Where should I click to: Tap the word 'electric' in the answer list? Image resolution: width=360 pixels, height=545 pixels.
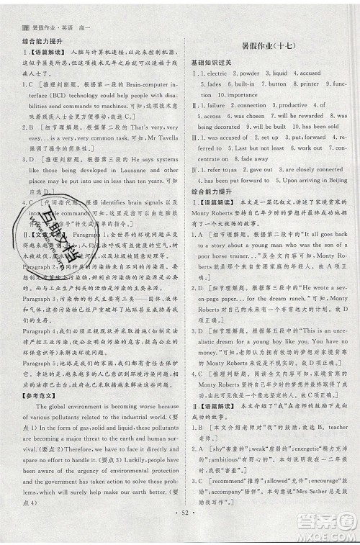pyautogui.click(x=216, y=73)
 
